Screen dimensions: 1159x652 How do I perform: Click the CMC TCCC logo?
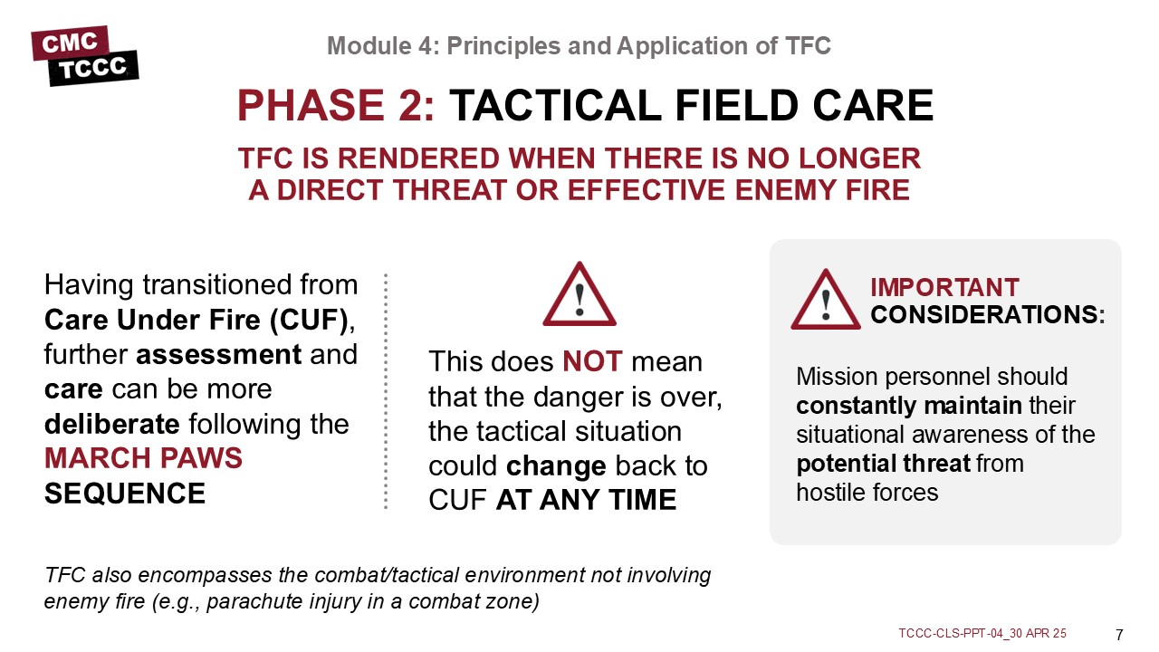(x=85, y=55)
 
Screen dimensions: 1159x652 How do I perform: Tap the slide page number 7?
(x=1119, y=635)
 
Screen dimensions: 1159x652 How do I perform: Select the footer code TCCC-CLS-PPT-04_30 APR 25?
(x=982, y=633)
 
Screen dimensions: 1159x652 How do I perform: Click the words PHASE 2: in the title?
(x=336, y=106)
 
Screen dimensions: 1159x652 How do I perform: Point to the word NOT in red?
(x=592, y=361)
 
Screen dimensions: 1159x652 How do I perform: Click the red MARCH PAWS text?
(x=143, y=458)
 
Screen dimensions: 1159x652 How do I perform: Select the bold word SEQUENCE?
(x=125, y=494)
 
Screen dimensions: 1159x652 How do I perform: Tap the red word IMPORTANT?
(x=944, y=287)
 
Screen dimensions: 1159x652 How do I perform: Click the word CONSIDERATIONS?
(x=988, y=314)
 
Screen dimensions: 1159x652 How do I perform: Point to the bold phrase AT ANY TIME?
(x=586, y=500)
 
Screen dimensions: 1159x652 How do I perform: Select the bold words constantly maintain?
(x=909, y=406)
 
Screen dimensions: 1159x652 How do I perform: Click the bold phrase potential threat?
(x=883, y=464)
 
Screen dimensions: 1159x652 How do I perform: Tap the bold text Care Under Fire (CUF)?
(x=196, y=320)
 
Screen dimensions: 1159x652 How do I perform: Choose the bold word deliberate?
(x=111, y=424)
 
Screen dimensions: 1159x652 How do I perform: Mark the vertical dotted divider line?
(x=386, y=391)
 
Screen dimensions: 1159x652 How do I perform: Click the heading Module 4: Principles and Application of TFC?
(x=579, y=45)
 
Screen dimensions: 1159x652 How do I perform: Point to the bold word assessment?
(x=218, y=354)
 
